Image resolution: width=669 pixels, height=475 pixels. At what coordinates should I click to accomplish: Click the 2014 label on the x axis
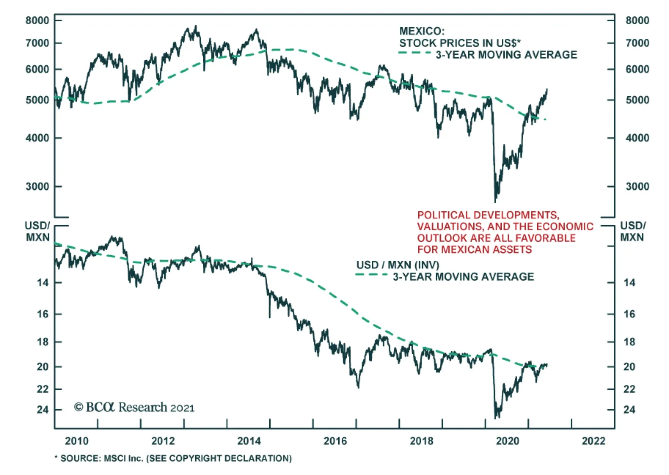point(249,441)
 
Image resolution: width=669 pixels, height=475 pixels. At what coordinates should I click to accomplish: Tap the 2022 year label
point(593,441)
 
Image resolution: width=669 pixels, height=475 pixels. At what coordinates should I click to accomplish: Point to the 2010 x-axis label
point(77,441)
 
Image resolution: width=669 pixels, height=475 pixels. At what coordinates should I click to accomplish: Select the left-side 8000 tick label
point(37,20)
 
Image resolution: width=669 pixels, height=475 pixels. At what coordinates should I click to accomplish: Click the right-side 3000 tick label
point(637,186)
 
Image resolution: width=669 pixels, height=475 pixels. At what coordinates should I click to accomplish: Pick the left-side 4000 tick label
point(37,138)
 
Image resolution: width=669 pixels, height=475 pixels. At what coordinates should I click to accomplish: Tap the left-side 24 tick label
point(43,409)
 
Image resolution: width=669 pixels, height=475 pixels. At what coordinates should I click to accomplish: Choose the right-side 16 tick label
point(629,314)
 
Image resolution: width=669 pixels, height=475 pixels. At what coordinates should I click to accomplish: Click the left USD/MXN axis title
point(38,231)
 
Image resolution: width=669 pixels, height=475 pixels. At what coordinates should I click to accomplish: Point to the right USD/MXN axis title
point(632,231)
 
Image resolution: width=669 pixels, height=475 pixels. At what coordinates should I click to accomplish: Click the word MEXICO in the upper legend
point(421,31)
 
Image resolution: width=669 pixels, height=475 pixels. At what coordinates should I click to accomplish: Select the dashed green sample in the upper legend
point(414,53)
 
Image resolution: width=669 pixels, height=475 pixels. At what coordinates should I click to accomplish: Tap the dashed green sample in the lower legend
point(371,274)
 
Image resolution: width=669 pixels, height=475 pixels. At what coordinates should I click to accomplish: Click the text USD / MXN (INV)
point(398,265)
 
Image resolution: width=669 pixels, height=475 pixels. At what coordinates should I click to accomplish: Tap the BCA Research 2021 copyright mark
point(134,407)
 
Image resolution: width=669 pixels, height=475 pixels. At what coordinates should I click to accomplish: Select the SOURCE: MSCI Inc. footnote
point(173,458)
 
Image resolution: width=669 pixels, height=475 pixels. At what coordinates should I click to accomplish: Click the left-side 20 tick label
point(43,367)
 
